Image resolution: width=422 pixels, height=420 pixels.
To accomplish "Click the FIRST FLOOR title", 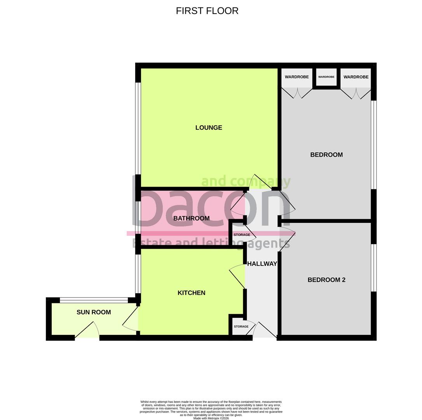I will click(x=207, y=11).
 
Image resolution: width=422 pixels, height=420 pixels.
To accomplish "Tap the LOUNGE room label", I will click(x=209, y=128).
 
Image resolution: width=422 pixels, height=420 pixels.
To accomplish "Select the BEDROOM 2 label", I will click(x=326, y=280).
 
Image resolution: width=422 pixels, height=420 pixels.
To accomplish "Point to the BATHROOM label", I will click(x=191, y=218).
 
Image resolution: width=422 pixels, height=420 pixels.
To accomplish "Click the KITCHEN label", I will click(x=191, y=293).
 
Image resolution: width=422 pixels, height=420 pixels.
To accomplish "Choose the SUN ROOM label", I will click(x=94, y=312).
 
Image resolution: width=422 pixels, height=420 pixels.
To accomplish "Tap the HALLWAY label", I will click(x=262, y=264).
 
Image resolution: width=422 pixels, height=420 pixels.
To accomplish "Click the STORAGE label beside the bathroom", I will click(x=242, y=235).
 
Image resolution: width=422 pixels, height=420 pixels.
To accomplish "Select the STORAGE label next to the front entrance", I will click(x=241, y=327).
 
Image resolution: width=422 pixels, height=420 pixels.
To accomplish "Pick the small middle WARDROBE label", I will click(x=326, y=77).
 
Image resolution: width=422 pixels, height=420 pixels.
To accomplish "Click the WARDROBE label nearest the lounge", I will click(x=296, y=77).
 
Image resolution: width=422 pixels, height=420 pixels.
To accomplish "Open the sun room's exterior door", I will click(x=87, y=331).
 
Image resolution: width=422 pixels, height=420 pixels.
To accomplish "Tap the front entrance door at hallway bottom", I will click(x=265, y=331).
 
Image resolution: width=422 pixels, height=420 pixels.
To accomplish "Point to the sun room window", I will click(x=94, y=300).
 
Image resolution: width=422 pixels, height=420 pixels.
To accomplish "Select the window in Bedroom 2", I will click(x=373, y=268).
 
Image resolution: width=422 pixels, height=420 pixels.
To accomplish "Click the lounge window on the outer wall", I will click(x=138, y=128).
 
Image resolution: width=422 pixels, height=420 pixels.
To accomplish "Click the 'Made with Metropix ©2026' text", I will click(x=211, y=418).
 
